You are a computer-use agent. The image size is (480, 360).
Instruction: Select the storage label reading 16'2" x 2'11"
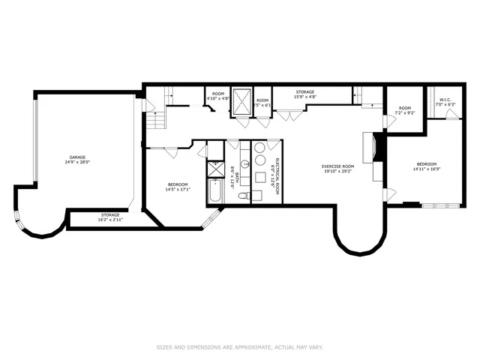click(110, 219)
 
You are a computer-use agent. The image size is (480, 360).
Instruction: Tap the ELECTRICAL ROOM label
click(276, 177)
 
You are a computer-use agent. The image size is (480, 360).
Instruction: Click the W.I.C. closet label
click(444, 100)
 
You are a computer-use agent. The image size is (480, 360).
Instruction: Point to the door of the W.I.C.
click(451, 114)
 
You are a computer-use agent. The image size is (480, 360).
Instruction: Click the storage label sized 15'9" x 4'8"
click(304, 94)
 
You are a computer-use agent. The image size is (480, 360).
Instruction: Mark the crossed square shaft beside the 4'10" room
click(241, 101)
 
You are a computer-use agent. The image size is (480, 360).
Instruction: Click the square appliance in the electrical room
click(259, 177)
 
